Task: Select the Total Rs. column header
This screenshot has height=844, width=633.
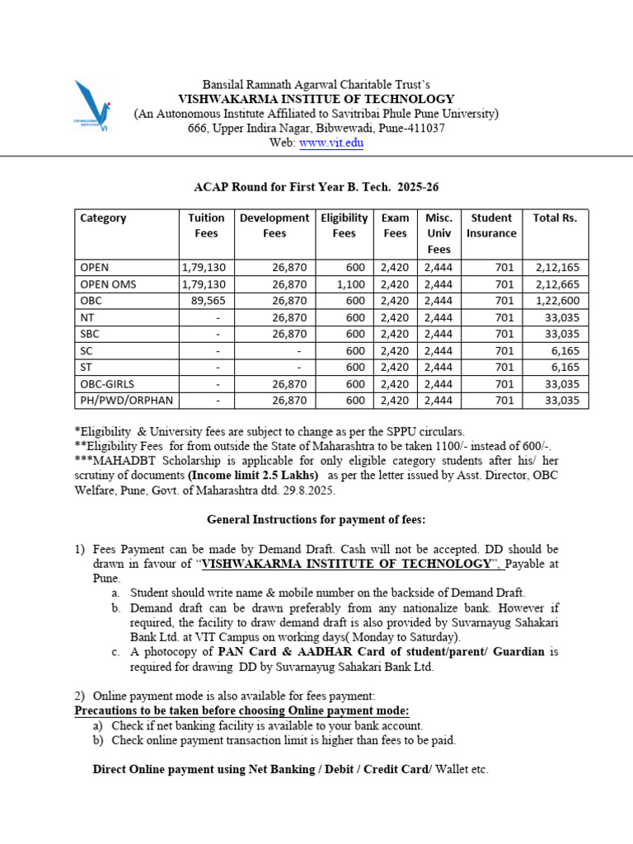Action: [556, 218]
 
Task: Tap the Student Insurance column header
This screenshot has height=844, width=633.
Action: [491, 225]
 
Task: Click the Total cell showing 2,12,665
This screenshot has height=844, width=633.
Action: [557, 284]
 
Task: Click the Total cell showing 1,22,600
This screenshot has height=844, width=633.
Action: [557, 301]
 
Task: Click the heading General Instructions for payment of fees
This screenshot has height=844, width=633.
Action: [316, 519]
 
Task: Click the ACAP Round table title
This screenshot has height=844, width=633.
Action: [316, 187]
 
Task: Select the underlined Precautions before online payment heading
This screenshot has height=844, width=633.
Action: [241, 710]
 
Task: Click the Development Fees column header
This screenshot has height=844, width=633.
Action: [274, 225]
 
